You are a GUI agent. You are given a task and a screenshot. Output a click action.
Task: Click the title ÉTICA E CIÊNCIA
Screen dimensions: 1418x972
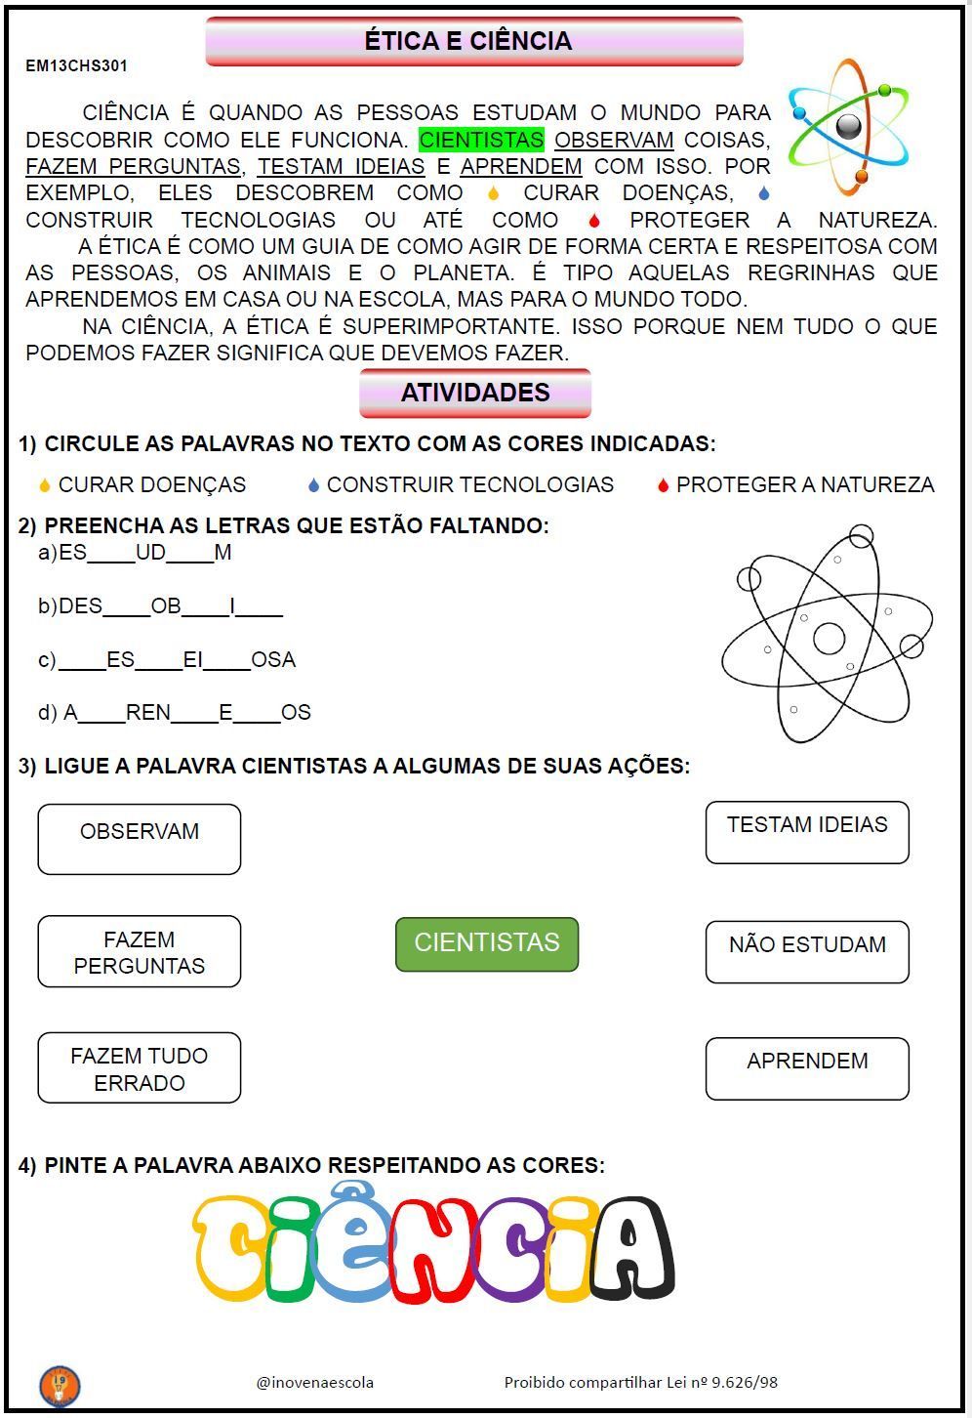pyautogui.click(x=469, y=41)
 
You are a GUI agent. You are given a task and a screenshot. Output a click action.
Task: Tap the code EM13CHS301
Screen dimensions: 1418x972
pyautogui.click(x=76, y=66)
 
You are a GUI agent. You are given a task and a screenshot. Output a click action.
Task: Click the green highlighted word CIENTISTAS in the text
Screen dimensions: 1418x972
pyautogui.click(x=481, y=140)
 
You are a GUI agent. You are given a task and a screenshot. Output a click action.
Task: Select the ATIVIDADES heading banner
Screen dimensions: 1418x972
pyautogui.click(x=475, y=393)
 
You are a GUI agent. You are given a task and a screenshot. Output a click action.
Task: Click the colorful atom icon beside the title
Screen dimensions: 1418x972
pyautogui.click(x=848, y=126)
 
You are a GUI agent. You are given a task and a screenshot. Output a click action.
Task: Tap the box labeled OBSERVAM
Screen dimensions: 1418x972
pyautogui.click(x=140, y=839)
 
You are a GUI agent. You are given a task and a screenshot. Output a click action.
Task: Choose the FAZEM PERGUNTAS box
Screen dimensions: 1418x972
pyautogui.click(x=140, y=952)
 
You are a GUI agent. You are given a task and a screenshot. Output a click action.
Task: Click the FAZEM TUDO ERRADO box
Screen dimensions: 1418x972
pyautogui.click(x=140, y=1068)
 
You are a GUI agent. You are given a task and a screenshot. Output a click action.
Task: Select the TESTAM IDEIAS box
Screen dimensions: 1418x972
pyautogui.click(x=807, y=832)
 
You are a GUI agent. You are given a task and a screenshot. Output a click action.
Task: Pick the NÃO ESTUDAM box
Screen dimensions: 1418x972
pyautogui.click(x=807, y=951)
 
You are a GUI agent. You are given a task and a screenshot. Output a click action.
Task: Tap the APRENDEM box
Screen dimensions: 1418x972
pyautogui.click(x=807, y=1068)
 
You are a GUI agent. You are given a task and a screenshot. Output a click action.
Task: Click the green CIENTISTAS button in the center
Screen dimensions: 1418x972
pyautogui.click(x=487, y=943)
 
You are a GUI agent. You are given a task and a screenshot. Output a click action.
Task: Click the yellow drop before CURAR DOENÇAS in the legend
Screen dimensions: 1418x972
pyautogui.click(x=44, y=485)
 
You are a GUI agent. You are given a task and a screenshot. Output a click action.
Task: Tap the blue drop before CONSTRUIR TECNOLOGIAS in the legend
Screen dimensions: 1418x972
pyautogui.click(x=313, y=485)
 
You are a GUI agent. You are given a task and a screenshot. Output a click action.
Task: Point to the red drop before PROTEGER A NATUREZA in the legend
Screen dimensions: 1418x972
pyautogui.click(x=663, y=485)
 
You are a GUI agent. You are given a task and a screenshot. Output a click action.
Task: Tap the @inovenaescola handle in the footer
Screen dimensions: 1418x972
pyautogui.click(x=314, y=1382)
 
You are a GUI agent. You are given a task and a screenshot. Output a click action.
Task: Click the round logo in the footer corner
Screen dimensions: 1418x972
pyautogui.click(x=60, y=1386)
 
